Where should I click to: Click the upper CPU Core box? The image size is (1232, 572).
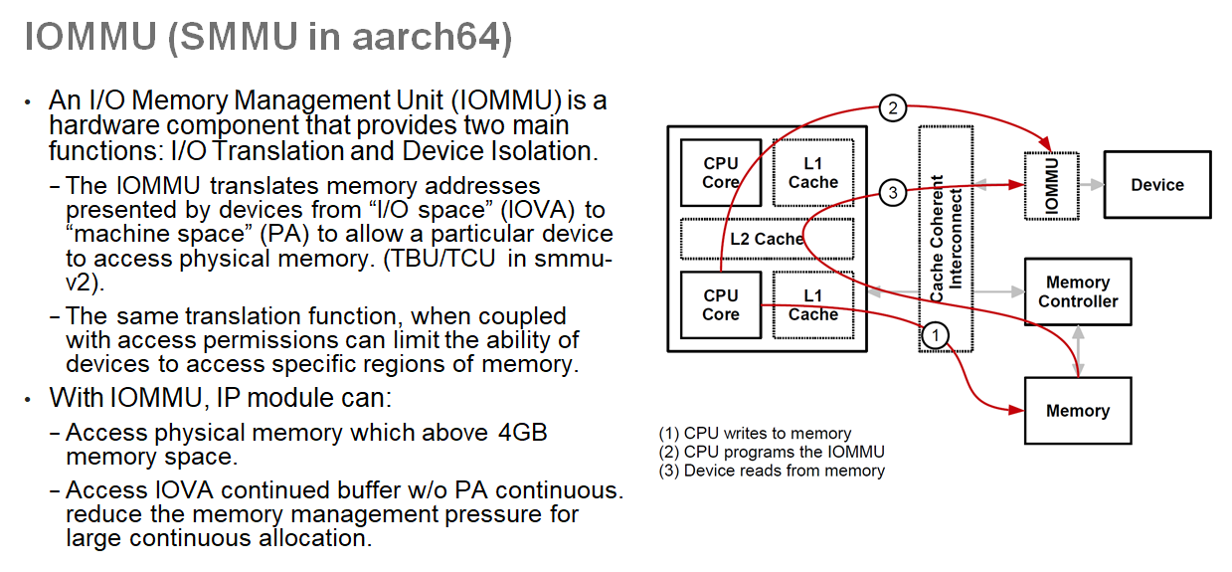(x=721, y=172)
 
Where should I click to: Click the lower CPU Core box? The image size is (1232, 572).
(x=721, y=304)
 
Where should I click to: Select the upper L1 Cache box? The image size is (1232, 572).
(x=813, y=172)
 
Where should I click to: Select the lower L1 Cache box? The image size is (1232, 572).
(x=813, y=304)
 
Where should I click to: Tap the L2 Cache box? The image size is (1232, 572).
(x=766, y=239)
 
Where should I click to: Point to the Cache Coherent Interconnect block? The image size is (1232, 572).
(x=946, y=239)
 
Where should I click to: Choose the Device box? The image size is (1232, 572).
(x=1157, y=185)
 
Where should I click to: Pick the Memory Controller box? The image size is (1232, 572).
(x=1078, y=291)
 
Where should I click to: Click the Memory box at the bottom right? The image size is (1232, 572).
(x=1078, y=411)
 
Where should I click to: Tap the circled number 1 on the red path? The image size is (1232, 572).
(x=935, y=335)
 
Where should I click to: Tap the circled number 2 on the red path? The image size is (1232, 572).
(x=893, y=107)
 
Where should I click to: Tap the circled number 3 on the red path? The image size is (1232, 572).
(x=893, y=193)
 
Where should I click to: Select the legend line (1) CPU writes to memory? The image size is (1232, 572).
(x=755, y=434)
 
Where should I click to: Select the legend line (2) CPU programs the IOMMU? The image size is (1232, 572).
(x=772, y=452)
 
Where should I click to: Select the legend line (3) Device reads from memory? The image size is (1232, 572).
(x=772, y=471)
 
